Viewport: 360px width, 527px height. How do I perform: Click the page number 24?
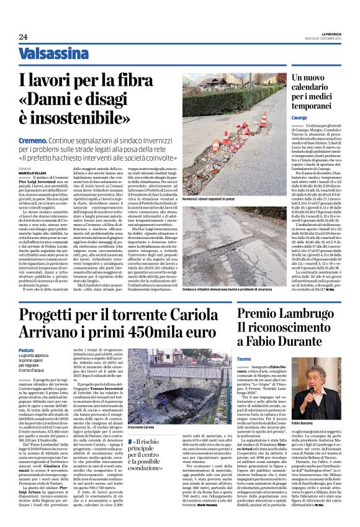[x=22, y=37]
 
